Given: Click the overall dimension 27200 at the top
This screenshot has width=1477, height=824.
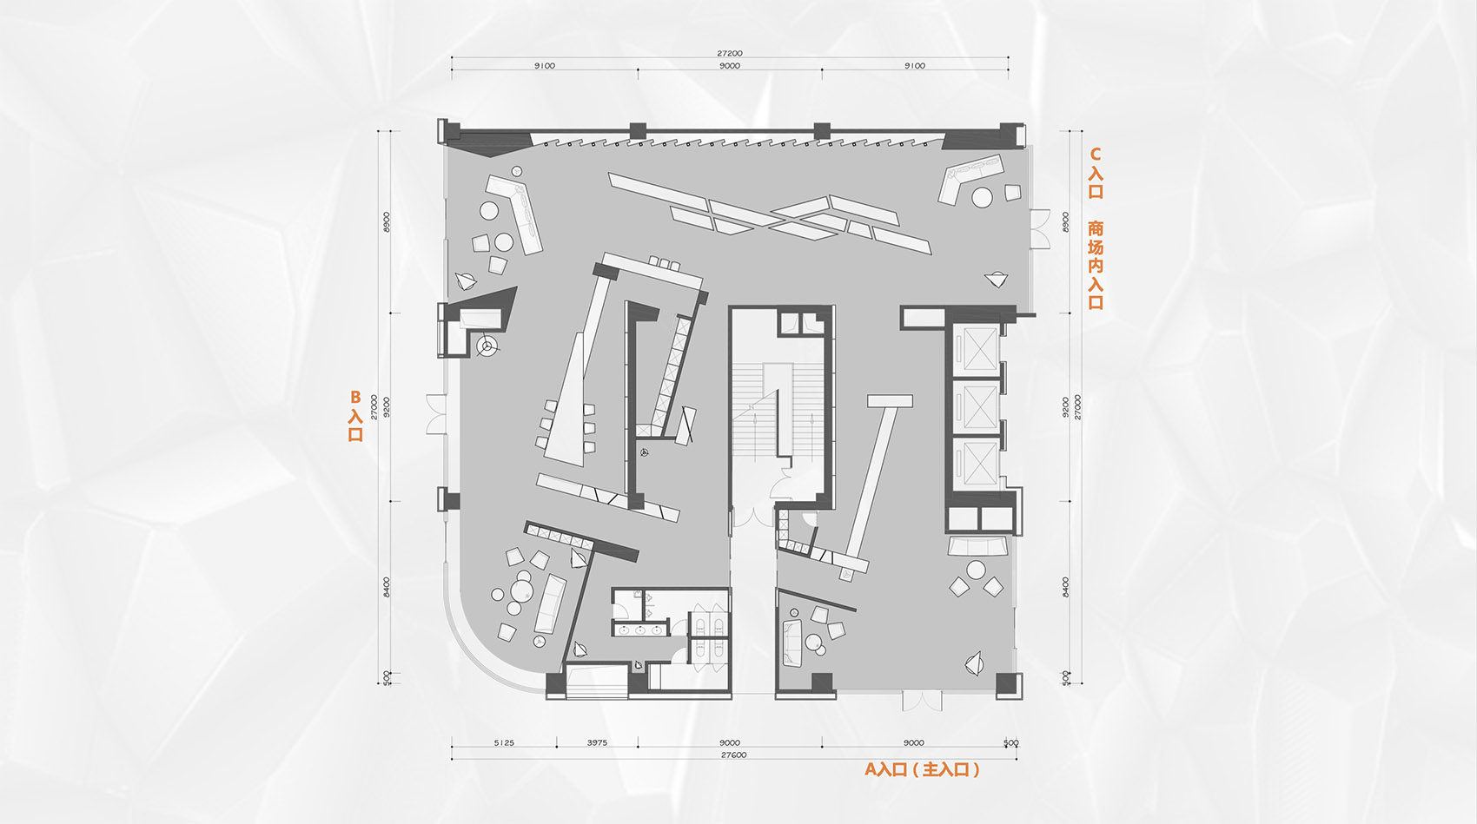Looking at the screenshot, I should tap(730, 54).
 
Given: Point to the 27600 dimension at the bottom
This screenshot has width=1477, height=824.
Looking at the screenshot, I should tap(733, 755).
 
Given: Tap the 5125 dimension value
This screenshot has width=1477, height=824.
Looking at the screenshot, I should tap(504, 742).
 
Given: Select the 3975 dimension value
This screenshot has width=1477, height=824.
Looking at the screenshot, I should tap(597, 742).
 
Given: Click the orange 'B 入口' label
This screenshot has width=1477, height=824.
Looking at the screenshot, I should tap(355, 416).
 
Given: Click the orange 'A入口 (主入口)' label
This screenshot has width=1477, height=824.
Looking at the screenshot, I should tap(922, 769).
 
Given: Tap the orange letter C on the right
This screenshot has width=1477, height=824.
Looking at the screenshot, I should tap(1096, 155).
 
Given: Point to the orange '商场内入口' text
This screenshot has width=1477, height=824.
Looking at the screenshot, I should tap(1096, 265).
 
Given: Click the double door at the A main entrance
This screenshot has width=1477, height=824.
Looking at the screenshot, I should tap(922, 700).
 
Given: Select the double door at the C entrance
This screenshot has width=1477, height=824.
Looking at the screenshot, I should tap(1039, 229).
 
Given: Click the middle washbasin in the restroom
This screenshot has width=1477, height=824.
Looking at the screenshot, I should tap(640, 630).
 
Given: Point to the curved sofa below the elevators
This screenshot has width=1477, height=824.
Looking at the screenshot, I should tap(979, 547).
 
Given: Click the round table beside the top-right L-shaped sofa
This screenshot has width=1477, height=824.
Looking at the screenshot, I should tap(982, 198).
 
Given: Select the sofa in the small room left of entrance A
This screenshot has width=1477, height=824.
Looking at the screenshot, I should tap(791, 643).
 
